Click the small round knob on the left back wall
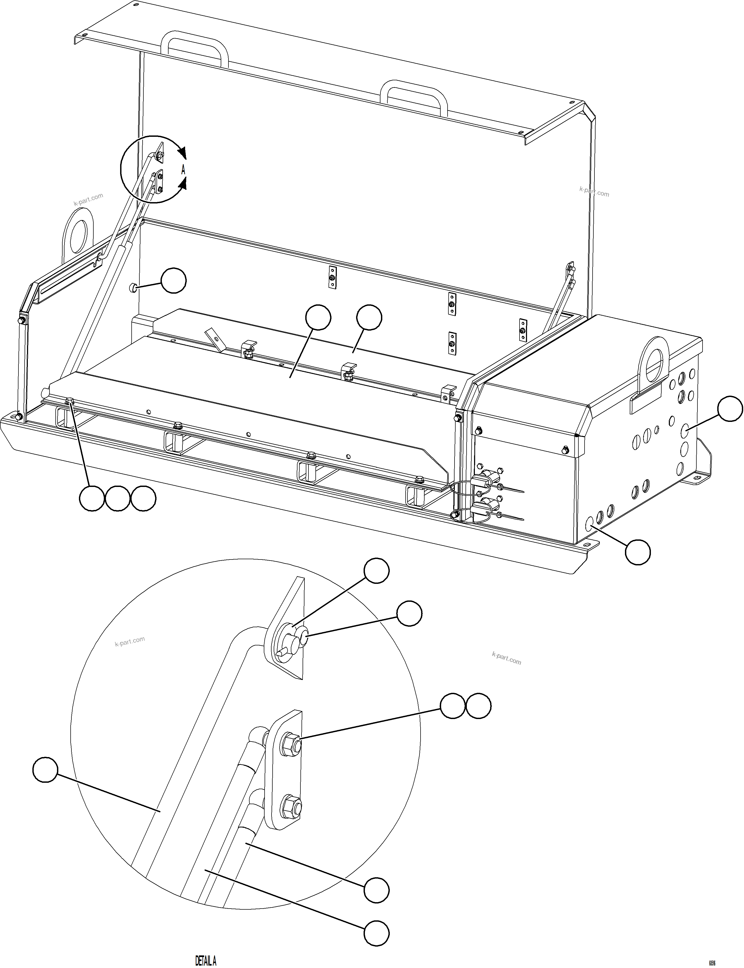tap(132, 288)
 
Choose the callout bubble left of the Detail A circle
tap(45, 770)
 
